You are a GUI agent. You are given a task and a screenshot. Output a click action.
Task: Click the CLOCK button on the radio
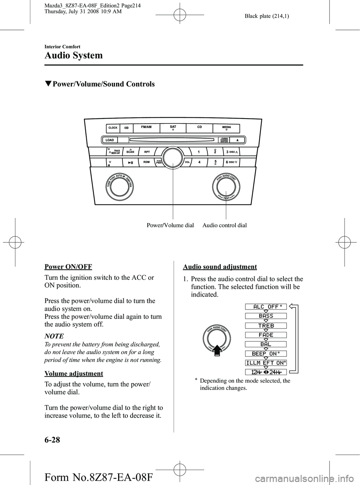click(x=113, y=128)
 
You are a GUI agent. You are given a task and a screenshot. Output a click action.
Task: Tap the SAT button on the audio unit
click(x=173, y=128)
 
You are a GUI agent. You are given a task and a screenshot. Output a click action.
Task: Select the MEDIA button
click(x=226, y=128)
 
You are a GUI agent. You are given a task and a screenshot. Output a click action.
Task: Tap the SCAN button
click(x=130, y=152)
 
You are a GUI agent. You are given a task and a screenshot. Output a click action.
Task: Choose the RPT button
click(x=147, y=152)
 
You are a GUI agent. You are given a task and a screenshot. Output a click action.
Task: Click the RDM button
click(x=147, y=162)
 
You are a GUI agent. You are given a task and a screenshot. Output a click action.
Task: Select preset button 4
click(x=199, y=162)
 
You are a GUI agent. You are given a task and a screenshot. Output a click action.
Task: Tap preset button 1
click(x=198, y=152)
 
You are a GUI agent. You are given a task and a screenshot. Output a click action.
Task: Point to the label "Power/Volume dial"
click(x=170, y=225)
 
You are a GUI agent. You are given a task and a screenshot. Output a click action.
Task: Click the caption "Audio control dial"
click(x=225, y=225)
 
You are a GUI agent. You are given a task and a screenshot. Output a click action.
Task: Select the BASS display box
click(x=266, y=316)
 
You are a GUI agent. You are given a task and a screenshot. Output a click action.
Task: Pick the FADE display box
click(x=266, y=335)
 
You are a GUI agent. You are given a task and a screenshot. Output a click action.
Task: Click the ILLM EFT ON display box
click(x=266, y=363)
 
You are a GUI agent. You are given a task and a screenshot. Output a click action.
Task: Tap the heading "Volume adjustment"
click(x=74, y=374)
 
